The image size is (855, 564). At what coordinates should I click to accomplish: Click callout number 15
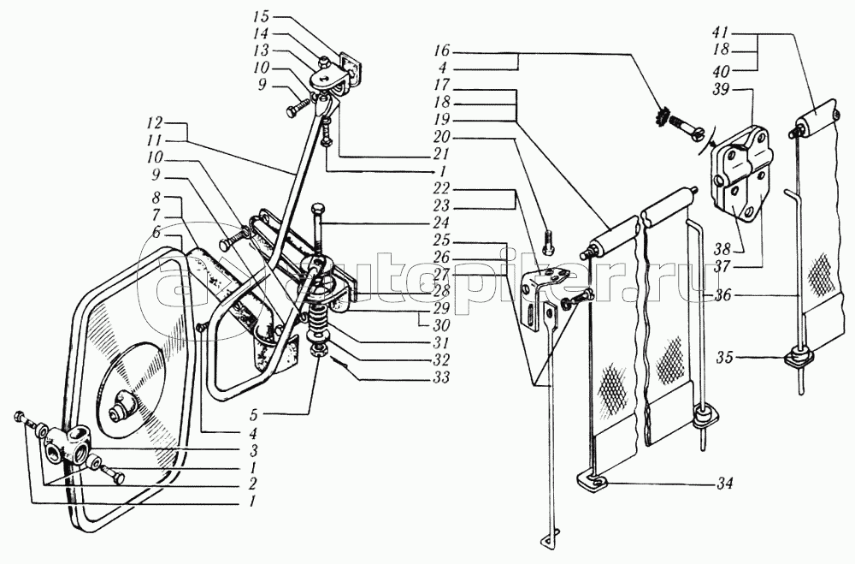[268, 16]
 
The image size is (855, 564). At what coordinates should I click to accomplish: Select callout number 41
[721, 33]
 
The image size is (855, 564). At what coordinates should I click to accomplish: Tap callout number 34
[725, 484]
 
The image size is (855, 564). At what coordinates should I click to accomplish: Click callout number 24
[439, 223]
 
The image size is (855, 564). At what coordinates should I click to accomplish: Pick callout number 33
[439, 377]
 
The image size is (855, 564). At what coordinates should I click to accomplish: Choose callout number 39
[721, 90]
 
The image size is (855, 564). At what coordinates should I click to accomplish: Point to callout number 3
[253, 450]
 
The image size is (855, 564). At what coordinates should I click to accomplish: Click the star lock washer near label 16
[660, 117]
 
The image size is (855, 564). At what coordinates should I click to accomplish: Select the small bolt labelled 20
[550, 242]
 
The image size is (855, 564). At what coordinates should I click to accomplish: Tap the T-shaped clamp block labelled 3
[67, 444]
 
